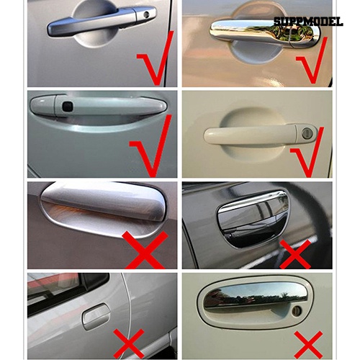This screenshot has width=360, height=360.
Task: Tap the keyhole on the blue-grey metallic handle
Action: (x=146, y=15)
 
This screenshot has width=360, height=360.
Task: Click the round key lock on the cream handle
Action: (x=303, y=132)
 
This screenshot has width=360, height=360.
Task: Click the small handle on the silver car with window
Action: (x=95, y=315)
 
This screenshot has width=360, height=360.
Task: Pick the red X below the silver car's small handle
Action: (x=129, y=343)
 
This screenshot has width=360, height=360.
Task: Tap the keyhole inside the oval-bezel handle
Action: (x=296, y=310)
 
